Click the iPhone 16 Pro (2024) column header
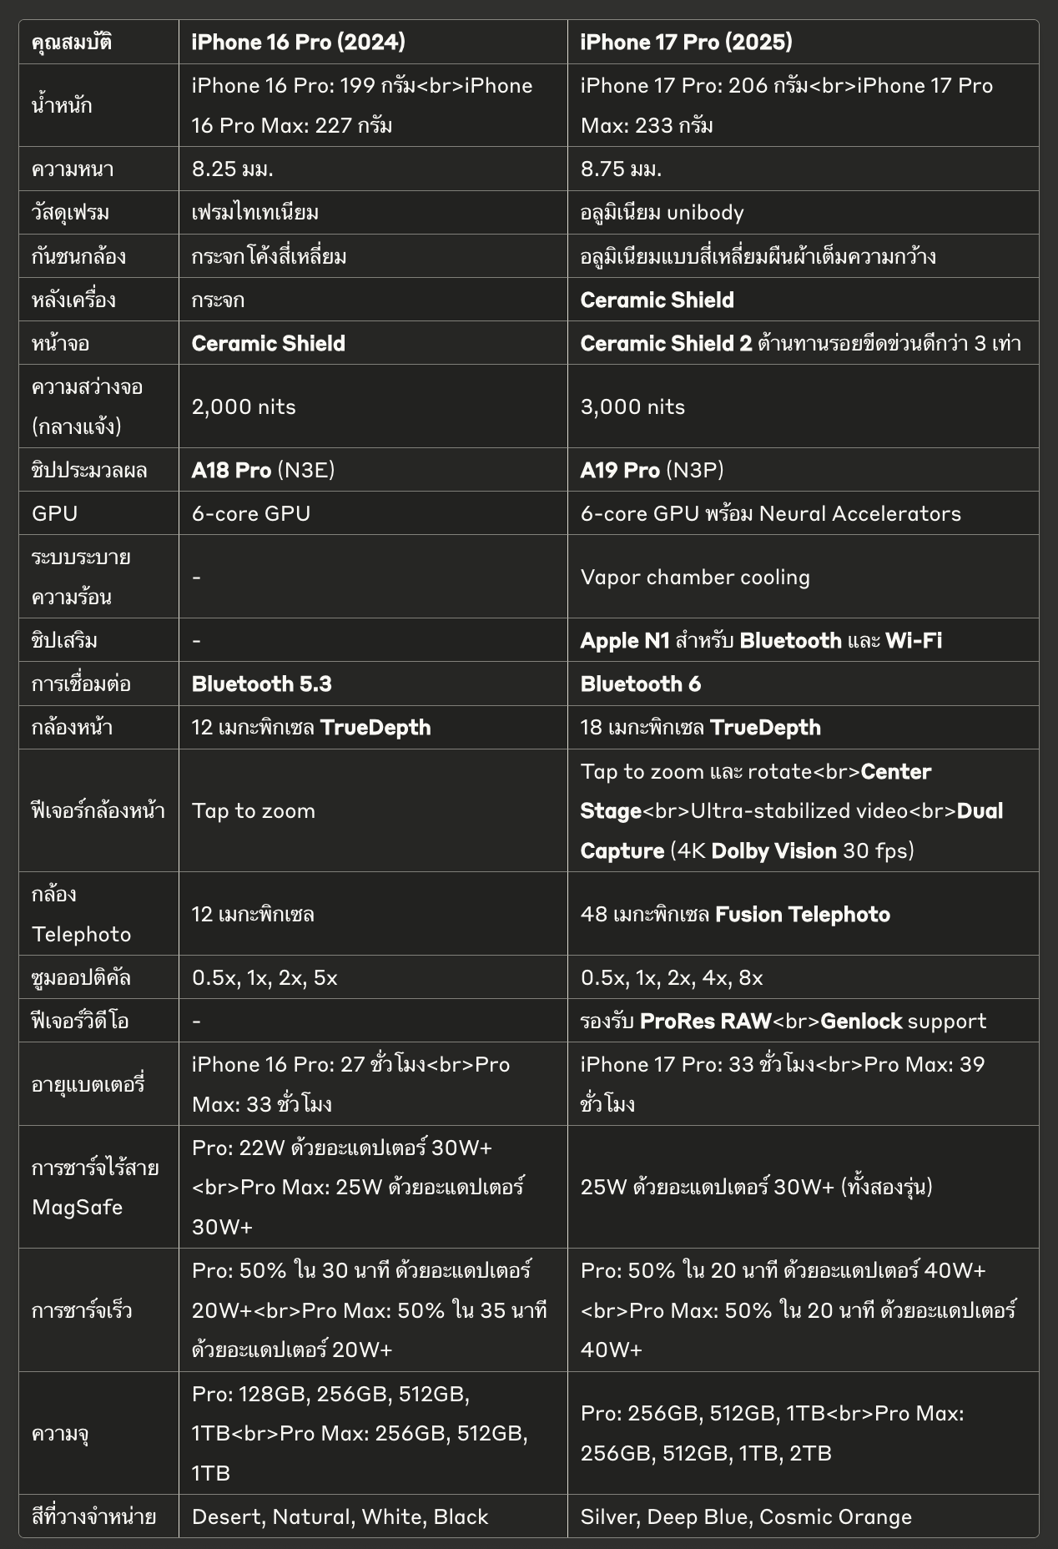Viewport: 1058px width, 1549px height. tap(298, 42)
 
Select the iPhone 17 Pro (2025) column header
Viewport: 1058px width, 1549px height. tap(686, 42)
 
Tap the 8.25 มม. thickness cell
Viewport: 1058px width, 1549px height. tap(233, 169)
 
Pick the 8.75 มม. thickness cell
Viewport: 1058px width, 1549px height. tap(621, 169)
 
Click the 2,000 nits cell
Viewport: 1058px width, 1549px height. tap(244, 406)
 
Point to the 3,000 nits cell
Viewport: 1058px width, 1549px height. tap(632, 406)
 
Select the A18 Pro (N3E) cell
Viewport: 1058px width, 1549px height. tap(263, 470)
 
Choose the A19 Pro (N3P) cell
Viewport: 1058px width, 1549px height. tap(652, 470)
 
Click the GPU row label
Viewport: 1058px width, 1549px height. tap(54, 513)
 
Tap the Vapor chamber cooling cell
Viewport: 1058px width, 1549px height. tap(695, 577)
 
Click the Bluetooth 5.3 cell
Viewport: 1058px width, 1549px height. tap(261, 684)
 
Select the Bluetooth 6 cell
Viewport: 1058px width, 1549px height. tap(640, 684)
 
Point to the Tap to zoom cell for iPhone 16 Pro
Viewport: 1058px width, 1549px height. tap(254, 810)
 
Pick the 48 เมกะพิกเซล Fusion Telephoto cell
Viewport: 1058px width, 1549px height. tap(735, 914)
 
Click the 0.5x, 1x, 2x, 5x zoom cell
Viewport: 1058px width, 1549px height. tap(264, 977)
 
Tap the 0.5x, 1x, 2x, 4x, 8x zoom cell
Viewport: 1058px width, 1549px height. tap(672, 977)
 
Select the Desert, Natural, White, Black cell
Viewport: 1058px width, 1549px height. tap(340, 1516)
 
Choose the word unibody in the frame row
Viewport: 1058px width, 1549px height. tap(705, 213)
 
